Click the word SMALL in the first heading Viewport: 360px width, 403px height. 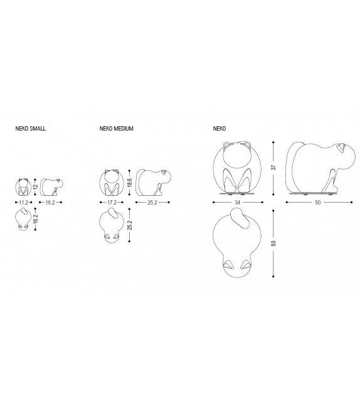coord(38,129)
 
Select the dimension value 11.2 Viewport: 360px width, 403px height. coord(23,203)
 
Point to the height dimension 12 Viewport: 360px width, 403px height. coord(36,186)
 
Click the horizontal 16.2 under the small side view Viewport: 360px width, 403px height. coord(50,203)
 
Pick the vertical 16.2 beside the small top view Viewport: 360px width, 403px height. coord(36,219)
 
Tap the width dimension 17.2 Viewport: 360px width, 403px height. coord(112,203)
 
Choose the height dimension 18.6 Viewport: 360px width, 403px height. coord(130,183)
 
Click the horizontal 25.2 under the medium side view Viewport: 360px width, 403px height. coord(152,203)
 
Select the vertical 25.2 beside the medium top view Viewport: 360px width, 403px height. coord(130,225)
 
